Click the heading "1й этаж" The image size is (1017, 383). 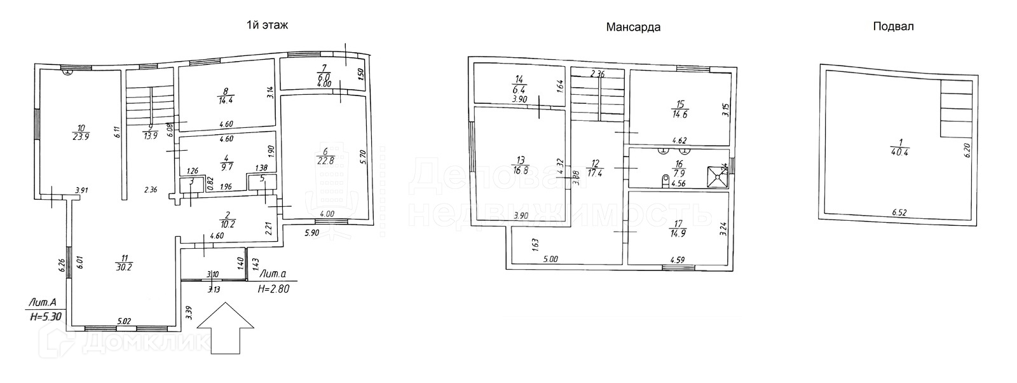[267, 25]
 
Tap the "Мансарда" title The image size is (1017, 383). [632, 27]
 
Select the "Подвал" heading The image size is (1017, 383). [893, 26]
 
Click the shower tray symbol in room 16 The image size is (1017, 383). [719, 176]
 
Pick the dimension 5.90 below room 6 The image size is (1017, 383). [311, 233]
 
